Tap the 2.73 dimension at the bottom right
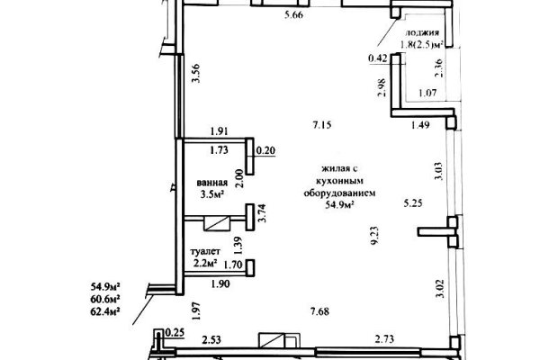click(388, 340)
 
